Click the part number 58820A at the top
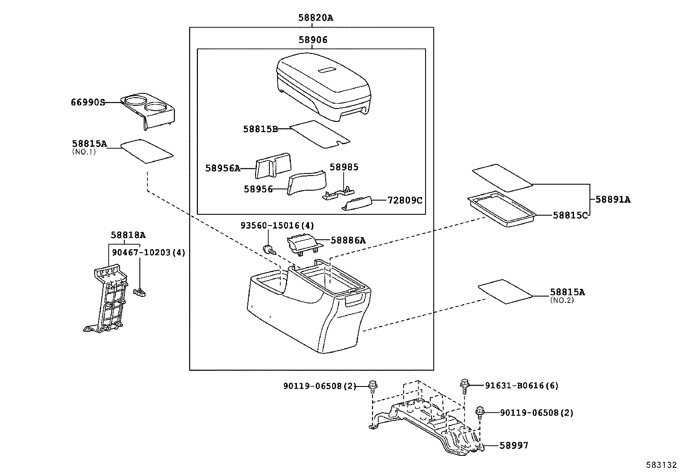pos(316,18)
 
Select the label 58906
pos(313,40)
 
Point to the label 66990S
pos(88,102)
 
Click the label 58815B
pos(260,129)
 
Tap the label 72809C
pos(405,200)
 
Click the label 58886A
pos(348,241)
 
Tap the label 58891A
pos(613,200)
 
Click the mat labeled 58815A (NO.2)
pos(505,291)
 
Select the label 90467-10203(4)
pos(148,253)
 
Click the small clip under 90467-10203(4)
pos(140,293)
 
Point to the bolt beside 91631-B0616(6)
pos(464,384)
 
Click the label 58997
pos(514,445)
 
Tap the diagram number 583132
pos(661,465)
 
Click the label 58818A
pos(128,235)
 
